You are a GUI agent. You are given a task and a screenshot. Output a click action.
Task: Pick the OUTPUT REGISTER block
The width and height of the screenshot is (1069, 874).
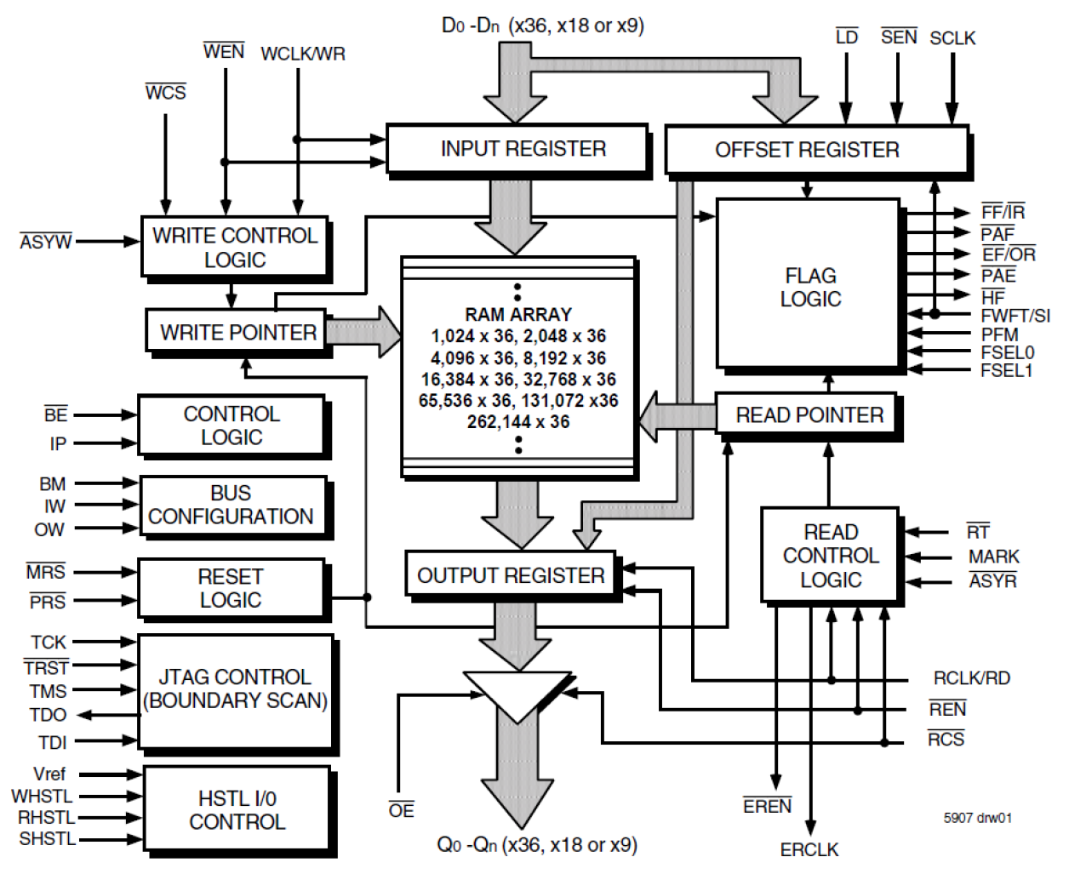click(x=511, y=575)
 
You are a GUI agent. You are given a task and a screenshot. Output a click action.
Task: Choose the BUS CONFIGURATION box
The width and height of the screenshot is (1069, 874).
click(x=232, y=506)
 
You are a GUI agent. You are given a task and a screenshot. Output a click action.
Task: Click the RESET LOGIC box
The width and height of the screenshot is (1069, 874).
click(x=231, y=588)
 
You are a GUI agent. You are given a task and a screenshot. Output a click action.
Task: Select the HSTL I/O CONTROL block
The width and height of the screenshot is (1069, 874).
click(x=237, y=809)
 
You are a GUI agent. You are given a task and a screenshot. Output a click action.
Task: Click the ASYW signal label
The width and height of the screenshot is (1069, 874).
click(x=46, y=243)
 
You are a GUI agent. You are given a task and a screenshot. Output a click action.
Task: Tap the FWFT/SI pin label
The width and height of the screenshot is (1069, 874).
click(x=1015, y=316)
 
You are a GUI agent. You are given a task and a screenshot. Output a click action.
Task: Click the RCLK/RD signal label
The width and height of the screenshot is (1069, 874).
click(x=971, y=678)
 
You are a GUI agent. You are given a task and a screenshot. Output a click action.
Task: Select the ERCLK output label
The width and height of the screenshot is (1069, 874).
click(x=809, y=849)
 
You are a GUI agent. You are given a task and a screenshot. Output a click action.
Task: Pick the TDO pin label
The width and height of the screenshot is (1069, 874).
click(x=48, y=715)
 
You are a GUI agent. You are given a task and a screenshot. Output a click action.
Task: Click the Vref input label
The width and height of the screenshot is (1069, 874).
click(x=49, y=774)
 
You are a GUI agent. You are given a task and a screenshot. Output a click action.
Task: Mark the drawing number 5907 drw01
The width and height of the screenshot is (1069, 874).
click(x=977, y=818)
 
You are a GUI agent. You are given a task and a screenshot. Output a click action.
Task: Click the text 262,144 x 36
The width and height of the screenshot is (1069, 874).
click(x=517, y=422)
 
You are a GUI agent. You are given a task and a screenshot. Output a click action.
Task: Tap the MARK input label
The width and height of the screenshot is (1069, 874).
click(x=993, y=557)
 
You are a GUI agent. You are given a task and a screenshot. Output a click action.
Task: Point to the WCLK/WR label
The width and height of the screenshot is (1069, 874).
click(x=303, y=54)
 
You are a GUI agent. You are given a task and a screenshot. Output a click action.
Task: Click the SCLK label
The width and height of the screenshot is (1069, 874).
click(x=952, y=38)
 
